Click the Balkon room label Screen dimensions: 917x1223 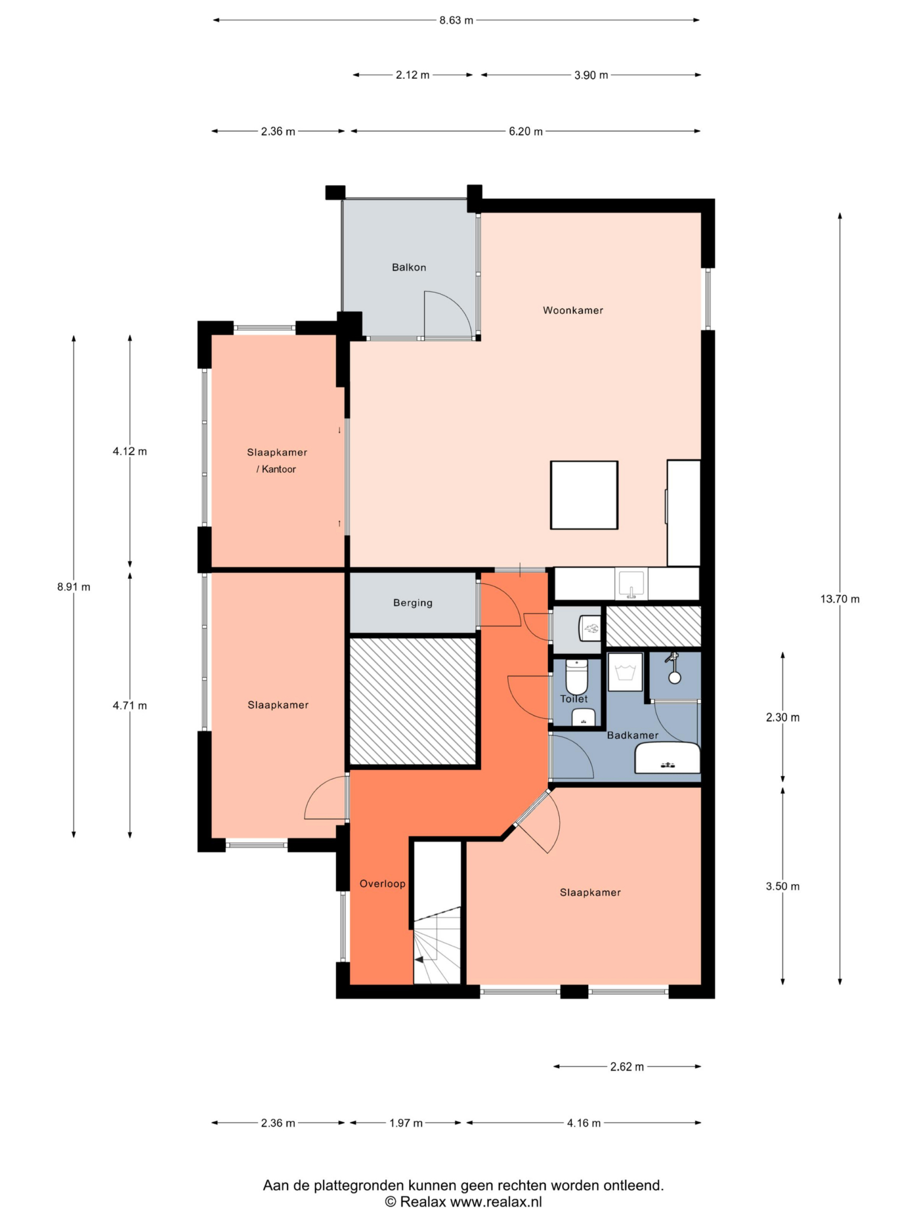click(x=409, y=267)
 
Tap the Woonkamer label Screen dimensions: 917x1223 click(x=573, y=310)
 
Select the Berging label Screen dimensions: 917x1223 click(x=413, y=603)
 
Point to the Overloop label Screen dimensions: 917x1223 click(x=383, y=884)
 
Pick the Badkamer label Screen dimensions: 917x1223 click(x=632, y=735)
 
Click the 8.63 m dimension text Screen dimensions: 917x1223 click(x=456, y=20)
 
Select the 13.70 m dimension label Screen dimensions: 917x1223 click(x=840, y=599)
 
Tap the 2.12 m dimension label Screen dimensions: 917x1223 click(x=413, y=75)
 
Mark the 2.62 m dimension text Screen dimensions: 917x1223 click(x=627, y=1067)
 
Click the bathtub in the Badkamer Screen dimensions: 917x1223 click(x=667, y=758)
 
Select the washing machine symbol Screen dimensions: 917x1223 click(x=625, y=673)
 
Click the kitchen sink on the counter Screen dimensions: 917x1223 click(x=631, y=585)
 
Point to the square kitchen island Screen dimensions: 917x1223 click(x=584, y=495)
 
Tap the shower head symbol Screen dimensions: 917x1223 click(x=674, y=669)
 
